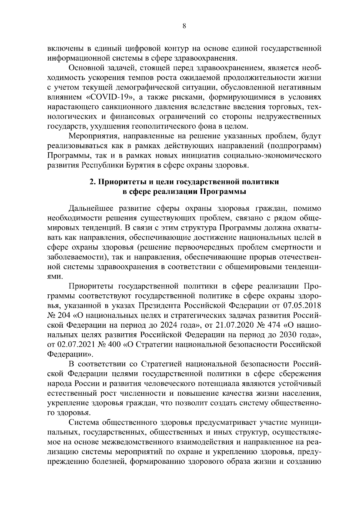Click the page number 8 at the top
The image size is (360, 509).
pos(184,26)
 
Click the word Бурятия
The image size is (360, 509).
pos(143,165)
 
